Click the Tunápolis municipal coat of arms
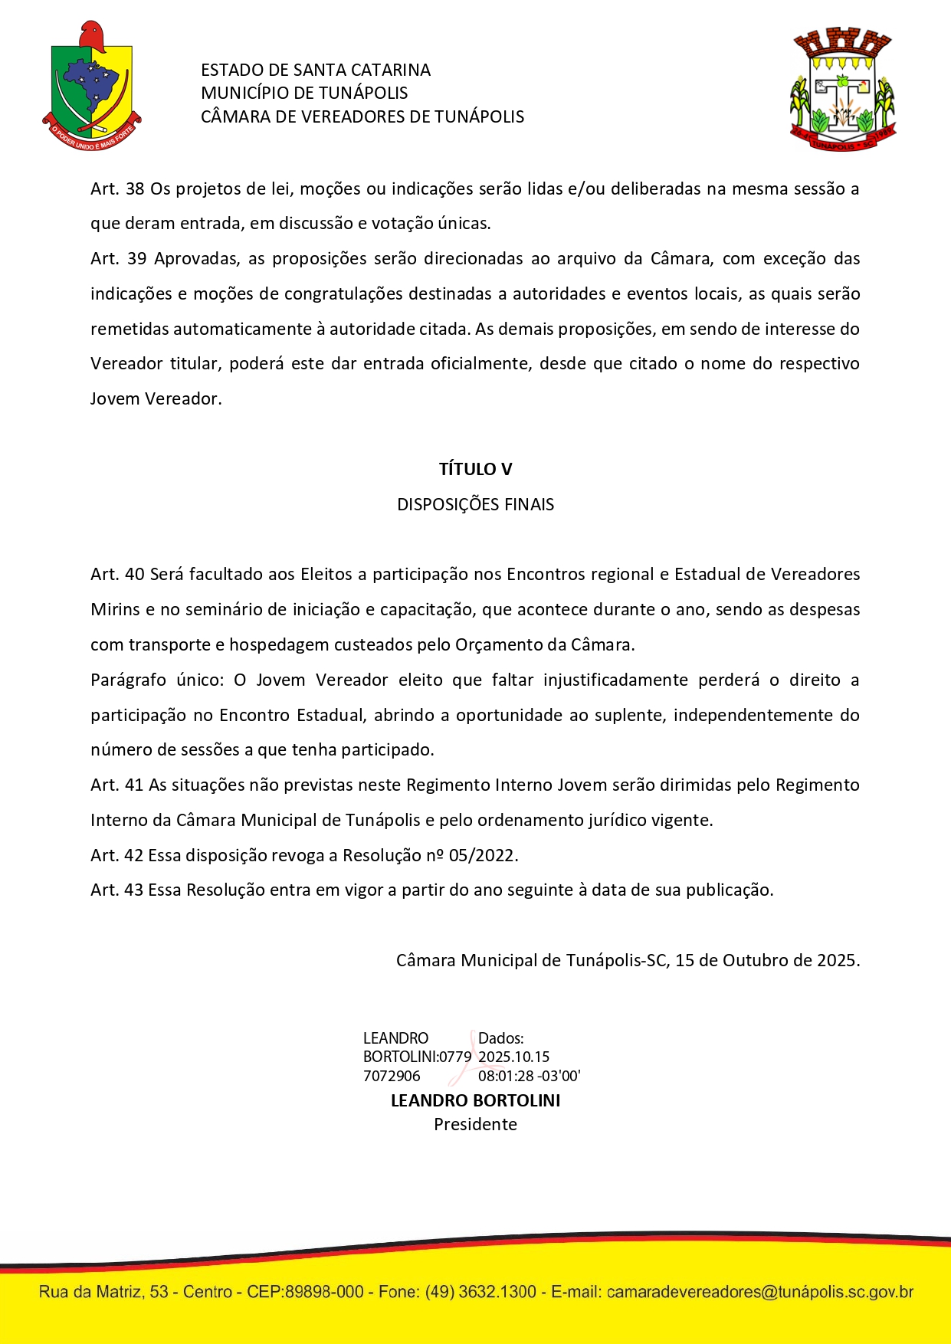(x=842, y=90)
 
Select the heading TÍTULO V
(x=475, y=469)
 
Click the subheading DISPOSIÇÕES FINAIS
(x=475, y=504)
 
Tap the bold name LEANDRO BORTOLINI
(x=475, y=1100)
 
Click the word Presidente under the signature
(x=475, y=1124)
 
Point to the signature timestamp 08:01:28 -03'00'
(x=529, y=1076)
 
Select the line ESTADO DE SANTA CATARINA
(x=316, y=70)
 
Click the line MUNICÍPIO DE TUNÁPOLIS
(x=304, y=93)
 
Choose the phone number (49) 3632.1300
(x=480, y=1292)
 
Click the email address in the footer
(x=759, y=1292)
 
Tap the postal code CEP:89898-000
(x=305, y=1292)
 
